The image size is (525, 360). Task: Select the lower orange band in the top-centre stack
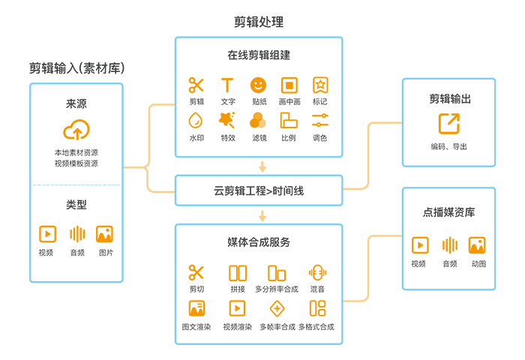[259, 120]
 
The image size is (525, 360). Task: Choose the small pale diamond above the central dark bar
[261, 166]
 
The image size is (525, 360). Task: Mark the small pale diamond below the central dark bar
[261, 215]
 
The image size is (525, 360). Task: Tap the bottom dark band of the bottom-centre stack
[259, 326]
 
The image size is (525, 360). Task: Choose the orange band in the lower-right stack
[448, 241]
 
